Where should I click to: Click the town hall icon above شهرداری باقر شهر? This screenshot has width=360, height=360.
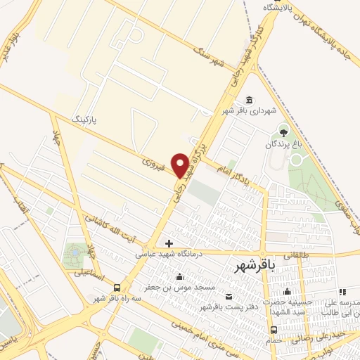pos(248,99)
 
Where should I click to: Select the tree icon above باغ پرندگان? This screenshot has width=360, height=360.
pos(283,131)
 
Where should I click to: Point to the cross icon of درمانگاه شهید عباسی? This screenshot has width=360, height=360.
pos(169,243)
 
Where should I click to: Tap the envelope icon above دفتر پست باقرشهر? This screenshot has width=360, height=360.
pos(228,295)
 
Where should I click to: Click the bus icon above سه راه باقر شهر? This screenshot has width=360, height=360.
pos(117,287)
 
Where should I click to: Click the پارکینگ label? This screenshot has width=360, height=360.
pos(86,121)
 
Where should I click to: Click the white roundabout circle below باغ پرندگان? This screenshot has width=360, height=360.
pos(296,160)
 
